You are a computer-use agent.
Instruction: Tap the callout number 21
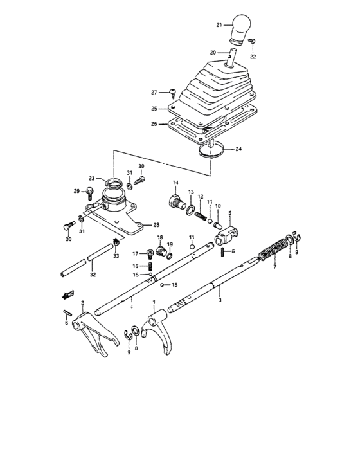(219, 25)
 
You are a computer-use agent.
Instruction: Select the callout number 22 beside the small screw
(252, 57)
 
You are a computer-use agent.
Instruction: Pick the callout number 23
(93, 179)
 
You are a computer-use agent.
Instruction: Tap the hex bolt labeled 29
(88, 191)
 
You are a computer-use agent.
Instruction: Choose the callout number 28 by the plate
(156, 225)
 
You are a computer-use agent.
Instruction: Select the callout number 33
(116, 256)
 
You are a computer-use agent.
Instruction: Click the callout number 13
(191, 193)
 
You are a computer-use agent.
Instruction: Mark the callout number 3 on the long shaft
(220, 300)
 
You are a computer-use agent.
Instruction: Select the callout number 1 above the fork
(154, 301)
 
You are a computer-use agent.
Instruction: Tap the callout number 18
(160, 237)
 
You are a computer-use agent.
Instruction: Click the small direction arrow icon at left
(63, 295)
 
